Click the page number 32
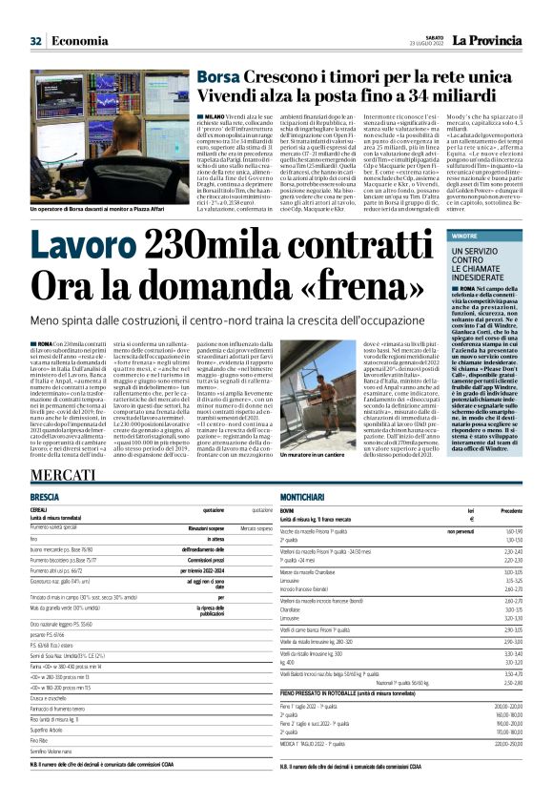36,40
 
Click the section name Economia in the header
79,40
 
